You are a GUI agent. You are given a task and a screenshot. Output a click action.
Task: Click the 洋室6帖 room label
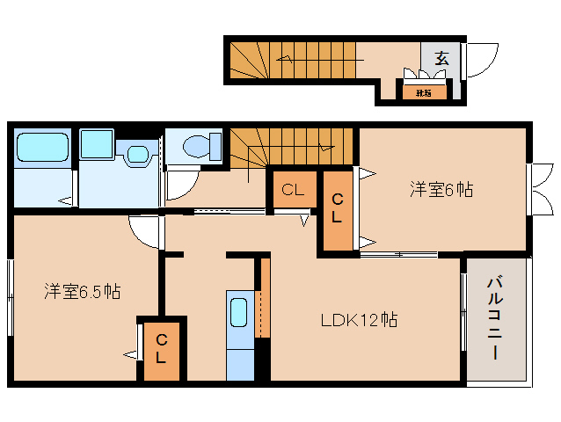(x=442, y=188)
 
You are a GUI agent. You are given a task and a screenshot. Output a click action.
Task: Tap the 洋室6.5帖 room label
(x=83, y=292)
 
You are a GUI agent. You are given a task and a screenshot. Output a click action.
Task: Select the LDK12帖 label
(x=359, y=319)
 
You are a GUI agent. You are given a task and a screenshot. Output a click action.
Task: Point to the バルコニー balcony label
(x=495, y=317)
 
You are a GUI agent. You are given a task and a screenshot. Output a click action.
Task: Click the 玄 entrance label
(x=441, y=59)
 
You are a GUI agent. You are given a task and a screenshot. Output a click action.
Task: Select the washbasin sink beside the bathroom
(x=135, y=155)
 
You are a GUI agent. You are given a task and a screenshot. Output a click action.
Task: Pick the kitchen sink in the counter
(x=239, y=313)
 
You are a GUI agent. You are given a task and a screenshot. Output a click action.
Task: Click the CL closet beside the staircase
(x=293, y=189)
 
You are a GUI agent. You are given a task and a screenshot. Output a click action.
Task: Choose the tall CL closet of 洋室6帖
(x=337, y=209)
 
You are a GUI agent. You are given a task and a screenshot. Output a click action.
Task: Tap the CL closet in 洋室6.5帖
(x=161, y=349)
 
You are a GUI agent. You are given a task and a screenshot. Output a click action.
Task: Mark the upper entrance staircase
(x=295, y=60)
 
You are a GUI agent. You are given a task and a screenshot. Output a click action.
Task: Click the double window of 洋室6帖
(x=534, y=186)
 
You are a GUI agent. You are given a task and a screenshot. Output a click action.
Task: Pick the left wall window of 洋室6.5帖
(x=11, y=296)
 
